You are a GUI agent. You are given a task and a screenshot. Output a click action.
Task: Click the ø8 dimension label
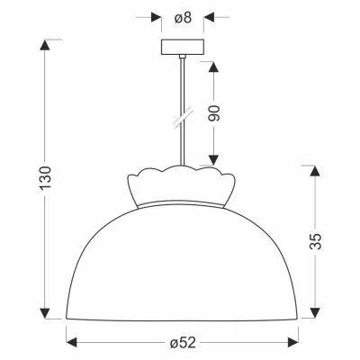[183, 18]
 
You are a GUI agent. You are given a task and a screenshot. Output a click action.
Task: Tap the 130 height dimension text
[46, 177]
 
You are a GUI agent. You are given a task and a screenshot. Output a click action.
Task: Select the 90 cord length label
[214, 113]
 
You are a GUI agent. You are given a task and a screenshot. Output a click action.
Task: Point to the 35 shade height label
[315, 241]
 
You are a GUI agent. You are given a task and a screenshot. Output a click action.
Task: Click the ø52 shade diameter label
[183, 342]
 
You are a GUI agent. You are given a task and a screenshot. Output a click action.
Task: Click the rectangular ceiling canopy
[183, 47]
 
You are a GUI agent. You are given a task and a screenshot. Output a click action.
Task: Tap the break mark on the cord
[183, 119]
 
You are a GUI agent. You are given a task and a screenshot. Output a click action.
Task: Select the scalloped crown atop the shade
[182, 186]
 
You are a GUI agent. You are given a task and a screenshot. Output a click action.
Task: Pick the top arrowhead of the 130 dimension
[45, 45]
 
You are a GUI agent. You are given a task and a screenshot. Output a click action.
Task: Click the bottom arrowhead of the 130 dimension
[45, 313]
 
